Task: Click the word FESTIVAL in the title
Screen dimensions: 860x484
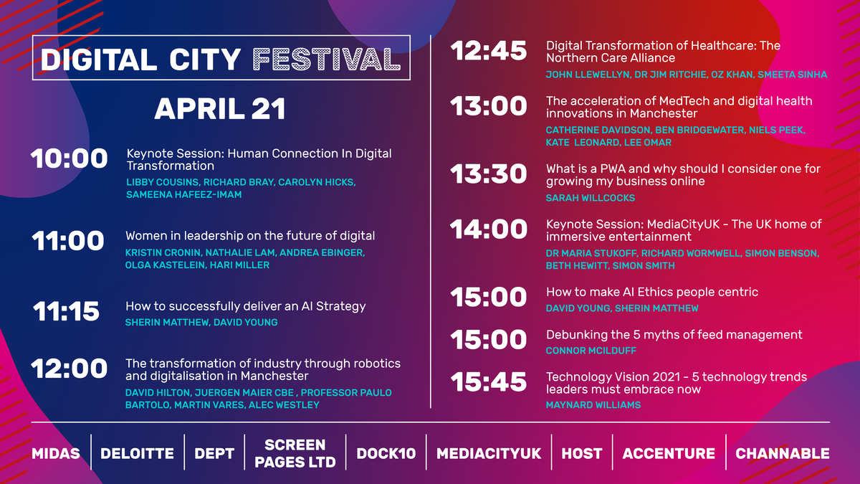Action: pos(326,60)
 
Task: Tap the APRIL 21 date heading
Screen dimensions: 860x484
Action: pos(221,109)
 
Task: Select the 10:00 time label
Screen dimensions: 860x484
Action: pos(69,158)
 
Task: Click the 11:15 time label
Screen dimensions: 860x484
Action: pos(66,310)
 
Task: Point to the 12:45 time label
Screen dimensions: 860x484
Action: pos(488,51)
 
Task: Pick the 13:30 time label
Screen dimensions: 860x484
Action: pos(488,174)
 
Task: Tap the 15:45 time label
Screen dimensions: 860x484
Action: pos(488,381)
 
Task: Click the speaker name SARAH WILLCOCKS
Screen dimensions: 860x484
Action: pos(591,198)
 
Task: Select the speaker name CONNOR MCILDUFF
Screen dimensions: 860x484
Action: pos(591,351)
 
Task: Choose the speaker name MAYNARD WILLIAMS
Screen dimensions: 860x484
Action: pos(593,405)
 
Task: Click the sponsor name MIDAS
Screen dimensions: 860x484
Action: pos(56,454)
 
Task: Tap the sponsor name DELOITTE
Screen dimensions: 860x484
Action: pos(137,454)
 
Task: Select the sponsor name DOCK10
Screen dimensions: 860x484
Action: pos(386,454)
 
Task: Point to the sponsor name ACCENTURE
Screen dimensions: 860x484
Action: pos(669,454)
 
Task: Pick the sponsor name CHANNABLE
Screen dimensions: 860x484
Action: pos(783,454)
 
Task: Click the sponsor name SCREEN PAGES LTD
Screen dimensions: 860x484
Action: pos(295,453)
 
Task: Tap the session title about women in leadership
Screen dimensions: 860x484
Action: pos(250,235)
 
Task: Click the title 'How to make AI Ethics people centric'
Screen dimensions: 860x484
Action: pos(652,292)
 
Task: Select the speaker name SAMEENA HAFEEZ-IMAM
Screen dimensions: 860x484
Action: pos(184,195)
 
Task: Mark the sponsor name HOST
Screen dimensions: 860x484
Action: pos(582,454)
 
